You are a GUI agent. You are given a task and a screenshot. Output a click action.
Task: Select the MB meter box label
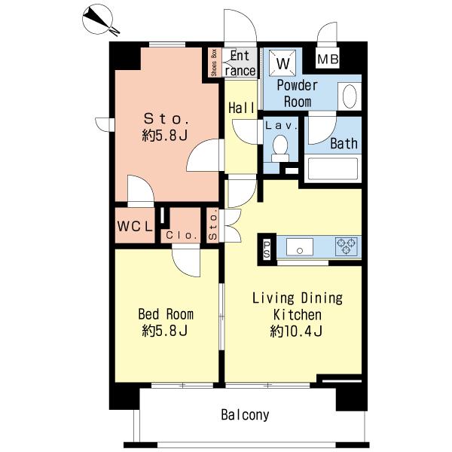328,60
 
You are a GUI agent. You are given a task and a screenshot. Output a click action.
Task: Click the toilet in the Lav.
280,148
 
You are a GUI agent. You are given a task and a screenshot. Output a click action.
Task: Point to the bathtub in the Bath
332,168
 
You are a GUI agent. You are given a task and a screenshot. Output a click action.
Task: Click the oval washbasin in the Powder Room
350,96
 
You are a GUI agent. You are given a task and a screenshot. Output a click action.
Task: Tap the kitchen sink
300,247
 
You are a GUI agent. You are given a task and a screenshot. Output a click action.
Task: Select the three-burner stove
347,246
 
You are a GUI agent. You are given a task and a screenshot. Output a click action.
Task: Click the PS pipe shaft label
267,249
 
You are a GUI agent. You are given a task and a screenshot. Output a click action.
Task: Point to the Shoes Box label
214,63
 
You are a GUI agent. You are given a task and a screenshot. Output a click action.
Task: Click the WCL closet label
135,226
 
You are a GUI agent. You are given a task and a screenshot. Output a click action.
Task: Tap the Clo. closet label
182,236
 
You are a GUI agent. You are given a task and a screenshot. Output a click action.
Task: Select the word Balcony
245,415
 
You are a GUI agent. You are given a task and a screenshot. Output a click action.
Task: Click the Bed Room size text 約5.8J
165,331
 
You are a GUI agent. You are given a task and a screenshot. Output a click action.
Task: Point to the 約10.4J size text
296,331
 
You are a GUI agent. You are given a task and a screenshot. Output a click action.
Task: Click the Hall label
241,108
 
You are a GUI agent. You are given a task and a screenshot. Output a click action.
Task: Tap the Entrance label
240,63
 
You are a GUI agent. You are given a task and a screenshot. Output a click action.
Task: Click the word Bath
344,144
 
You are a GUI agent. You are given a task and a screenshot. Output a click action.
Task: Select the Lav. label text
281,126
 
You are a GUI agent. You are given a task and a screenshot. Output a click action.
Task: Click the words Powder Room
298,93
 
